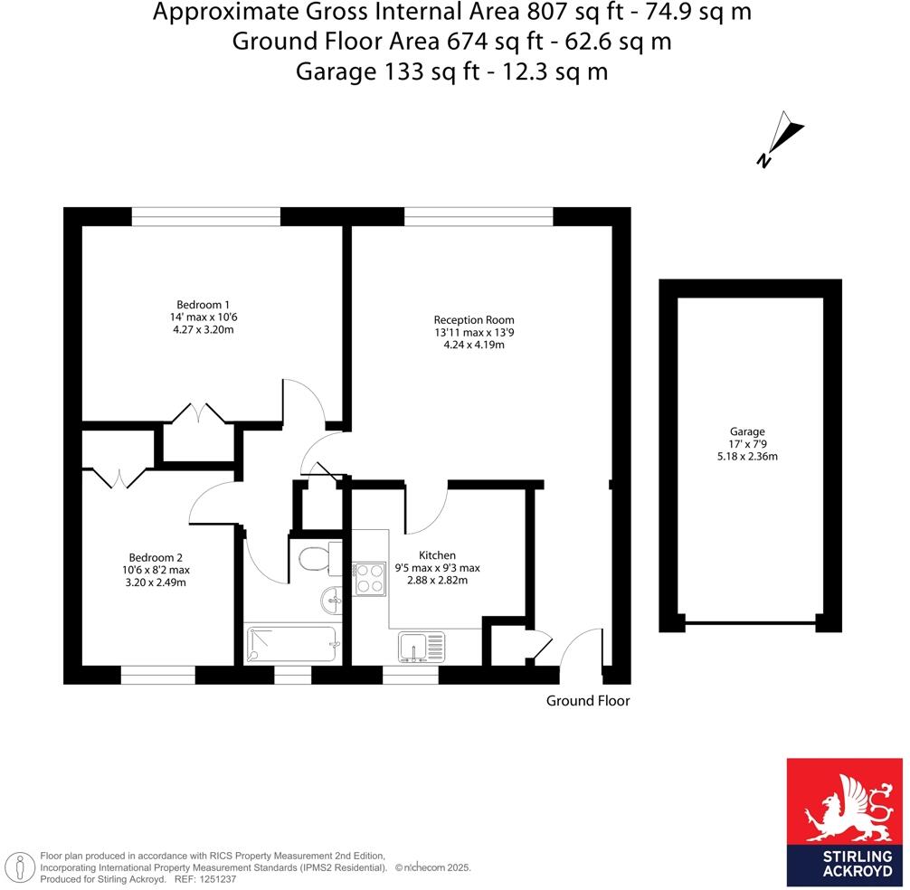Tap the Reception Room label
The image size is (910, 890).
[x=474, y=319]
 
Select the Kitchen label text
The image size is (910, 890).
[x=437, y=554]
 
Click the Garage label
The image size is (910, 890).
[x=747, y=432]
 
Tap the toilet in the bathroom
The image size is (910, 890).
[x=314, y=559]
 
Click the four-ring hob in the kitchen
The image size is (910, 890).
[x=369, y=577]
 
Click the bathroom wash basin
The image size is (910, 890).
[x=332, y=597]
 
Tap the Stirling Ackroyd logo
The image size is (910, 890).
[x=845, y=820]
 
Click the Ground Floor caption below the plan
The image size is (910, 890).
[x=588, y=700]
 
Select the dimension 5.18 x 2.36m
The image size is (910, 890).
[x=747, y=457]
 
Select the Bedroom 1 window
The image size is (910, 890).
[x=206, y=216]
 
